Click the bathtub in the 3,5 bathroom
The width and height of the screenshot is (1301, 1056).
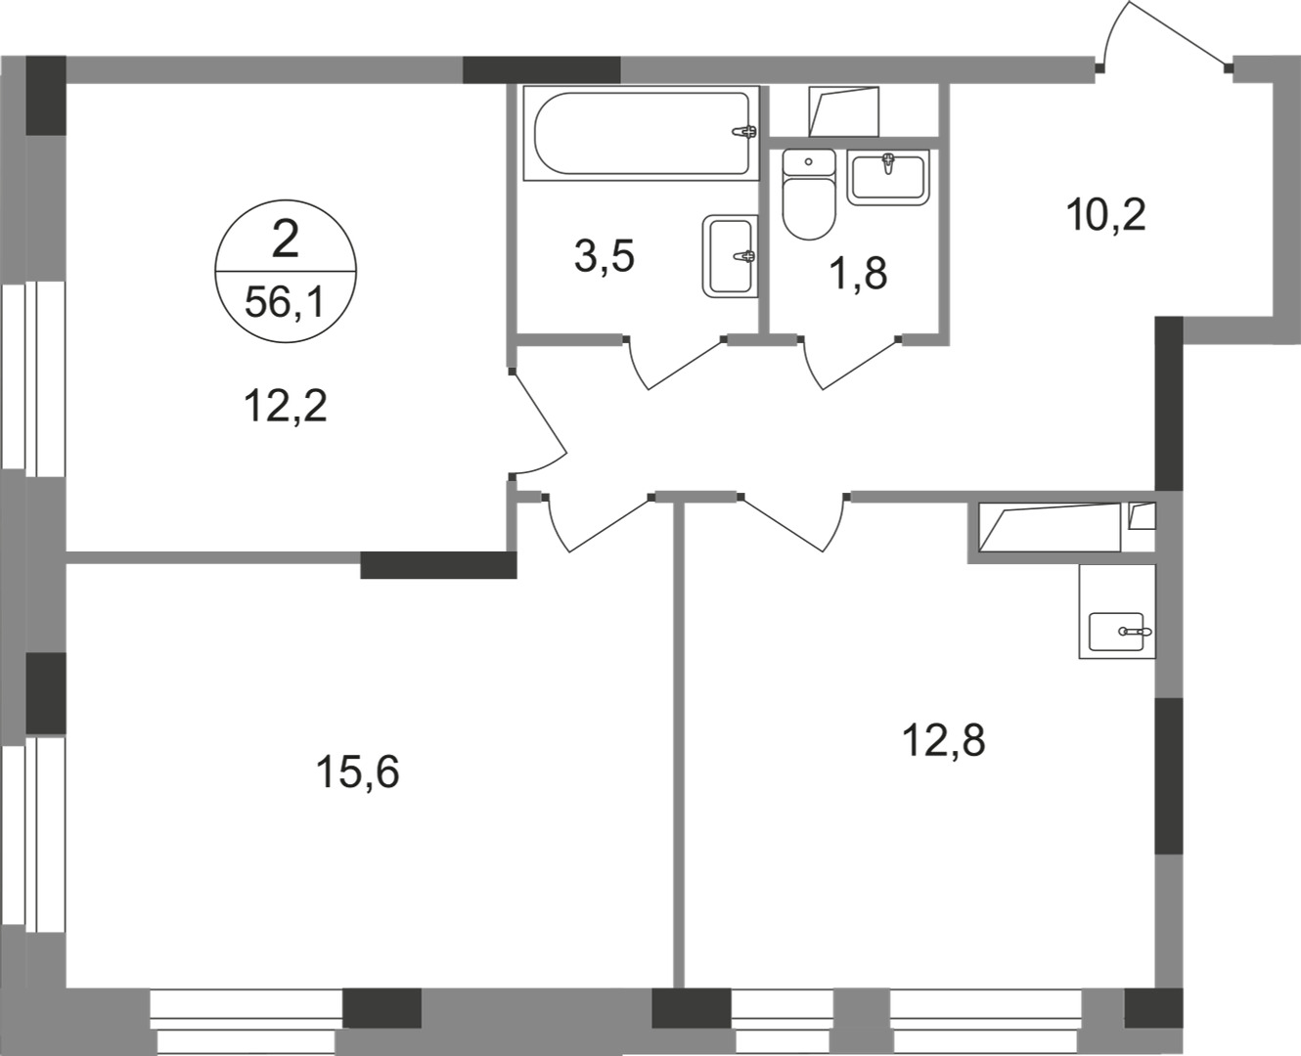tap(642, 133)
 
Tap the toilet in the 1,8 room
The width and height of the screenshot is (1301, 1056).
tap(809, 195)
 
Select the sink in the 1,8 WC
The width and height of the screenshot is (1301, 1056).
tap(888, 177)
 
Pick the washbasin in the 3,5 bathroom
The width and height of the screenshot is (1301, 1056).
tap(730, 256)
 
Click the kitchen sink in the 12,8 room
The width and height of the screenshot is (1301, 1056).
tap(1117, 633)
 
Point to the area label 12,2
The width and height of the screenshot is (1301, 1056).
tap(286, 407)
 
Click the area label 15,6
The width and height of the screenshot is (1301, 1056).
tap(357, 771)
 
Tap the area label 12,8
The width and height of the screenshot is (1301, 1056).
tap(944, 740)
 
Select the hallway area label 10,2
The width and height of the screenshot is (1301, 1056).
tap(1106, 215)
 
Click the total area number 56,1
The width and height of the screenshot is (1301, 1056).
tap(285, 303)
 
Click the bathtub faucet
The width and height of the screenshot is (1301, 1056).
tap(745, 131)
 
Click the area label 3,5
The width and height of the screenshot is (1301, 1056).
tap(605, 257)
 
